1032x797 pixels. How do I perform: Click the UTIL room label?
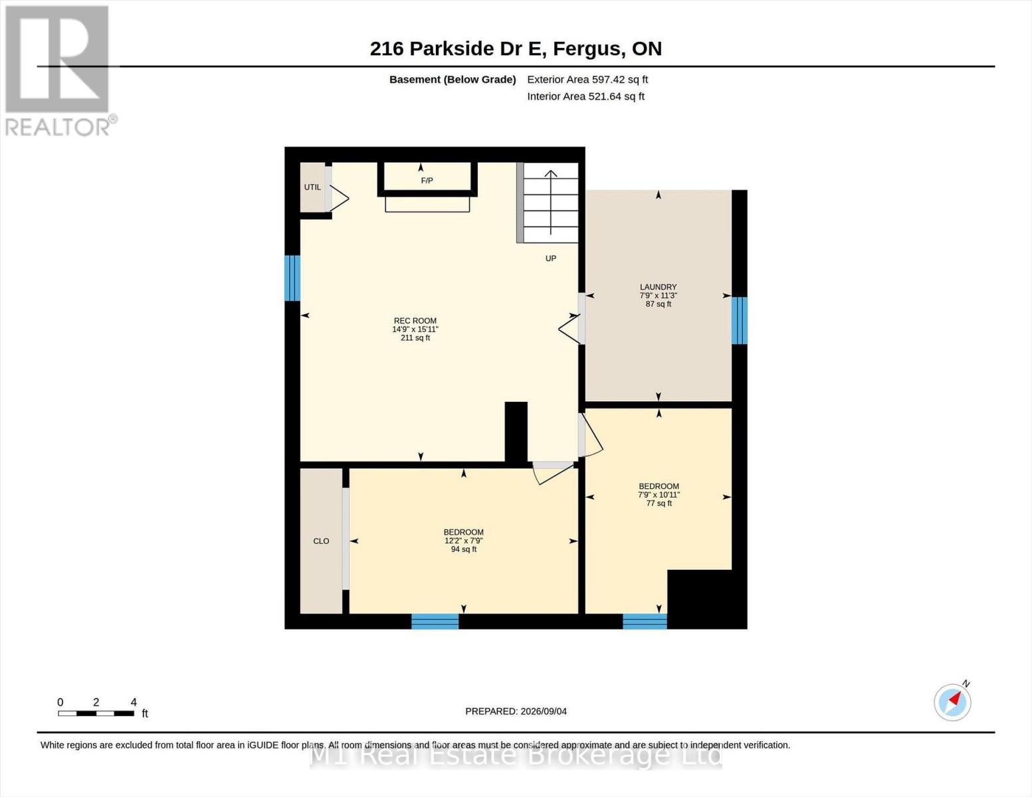click(312, 187)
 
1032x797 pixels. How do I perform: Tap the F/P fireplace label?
click(427, 181)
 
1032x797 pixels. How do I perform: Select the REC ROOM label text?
click(415, 321)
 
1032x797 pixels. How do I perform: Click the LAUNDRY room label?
click(658, 287)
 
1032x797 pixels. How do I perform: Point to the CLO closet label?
click(321, 541)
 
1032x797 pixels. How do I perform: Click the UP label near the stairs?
click(550, 259)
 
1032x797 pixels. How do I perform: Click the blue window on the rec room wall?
click(292, 278)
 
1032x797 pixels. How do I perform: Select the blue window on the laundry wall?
click(739, 320)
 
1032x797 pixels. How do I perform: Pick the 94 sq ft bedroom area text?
click(464, 550)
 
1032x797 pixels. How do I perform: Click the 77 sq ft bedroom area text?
click(659, 503)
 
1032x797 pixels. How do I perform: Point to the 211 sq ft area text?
click(415, 338)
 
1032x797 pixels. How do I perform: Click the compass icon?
click(952, 702)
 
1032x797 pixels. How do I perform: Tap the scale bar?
click(96, 713)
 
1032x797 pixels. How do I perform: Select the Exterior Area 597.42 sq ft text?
click(587, 80)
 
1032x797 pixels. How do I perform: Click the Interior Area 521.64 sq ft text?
click(585, 96)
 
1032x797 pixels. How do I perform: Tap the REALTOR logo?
click(59, 71)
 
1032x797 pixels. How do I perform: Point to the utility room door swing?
click(340, 199)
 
